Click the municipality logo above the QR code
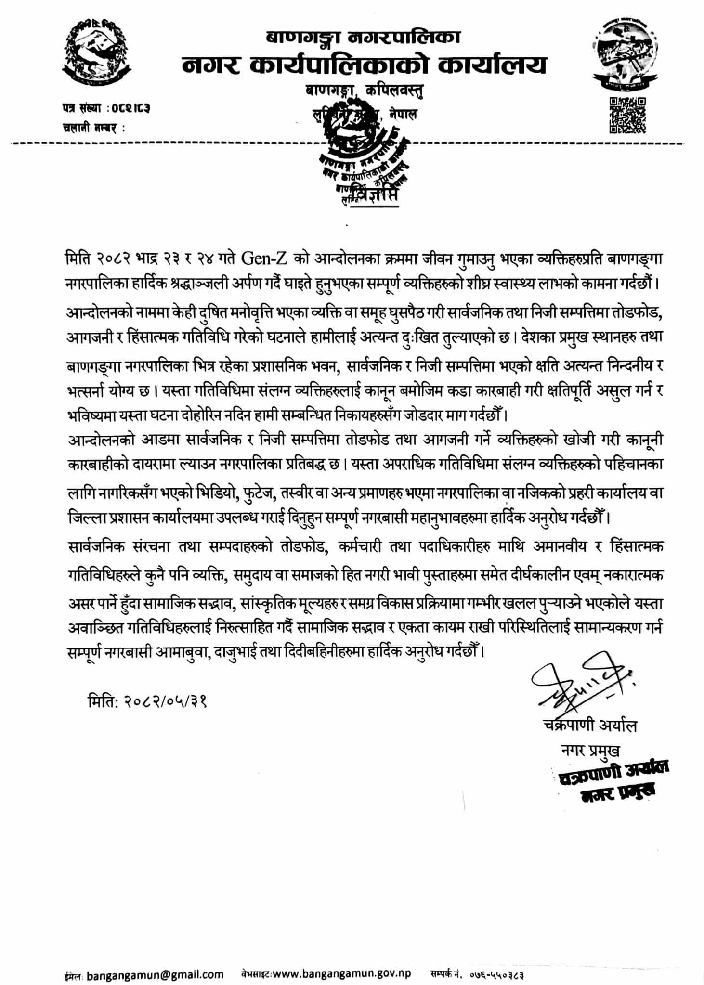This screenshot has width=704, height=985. point(624,54)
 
